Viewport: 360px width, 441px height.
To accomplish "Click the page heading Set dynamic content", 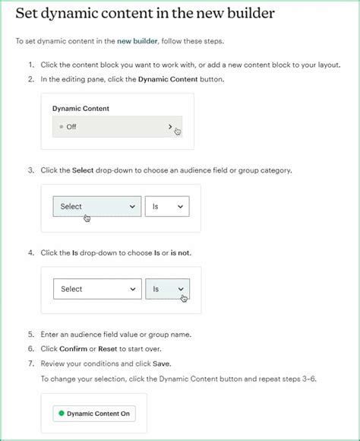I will (x=145, y=14).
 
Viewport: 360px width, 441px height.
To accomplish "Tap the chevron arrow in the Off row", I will (x=170, y=126).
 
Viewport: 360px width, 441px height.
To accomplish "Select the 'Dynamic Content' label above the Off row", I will (x=81, y=109).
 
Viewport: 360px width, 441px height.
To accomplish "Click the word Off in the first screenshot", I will (x=71, y=127).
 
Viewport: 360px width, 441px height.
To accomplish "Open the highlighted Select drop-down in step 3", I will (x=96, y=206).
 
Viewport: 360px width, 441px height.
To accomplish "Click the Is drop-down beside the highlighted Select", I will (x=166, y=206).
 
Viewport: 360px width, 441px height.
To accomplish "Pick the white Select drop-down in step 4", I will (x=96, y=289).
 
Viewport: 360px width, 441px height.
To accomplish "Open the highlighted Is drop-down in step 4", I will (x=167, y=289).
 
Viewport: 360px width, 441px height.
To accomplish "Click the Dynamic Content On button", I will (x=93, y=414).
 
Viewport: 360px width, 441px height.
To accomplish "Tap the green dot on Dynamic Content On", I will (x=60, y=414).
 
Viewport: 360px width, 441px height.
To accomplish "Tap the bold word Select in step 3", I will (x=82, y=170).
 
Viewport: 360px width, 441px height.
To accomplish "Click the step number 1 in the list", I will (x=30, y=65).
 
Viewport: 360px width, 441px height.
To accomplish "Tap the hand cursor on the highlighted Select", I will (x=87, y=218).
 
